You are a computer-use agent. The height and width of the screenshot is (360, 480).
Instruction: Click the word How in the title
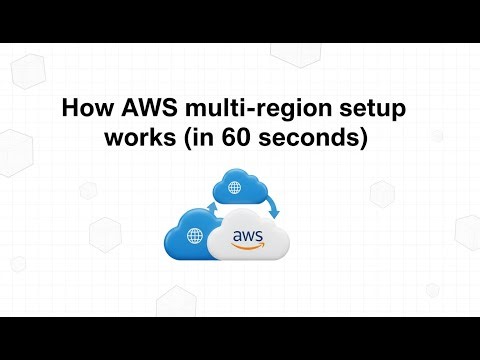87,107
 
